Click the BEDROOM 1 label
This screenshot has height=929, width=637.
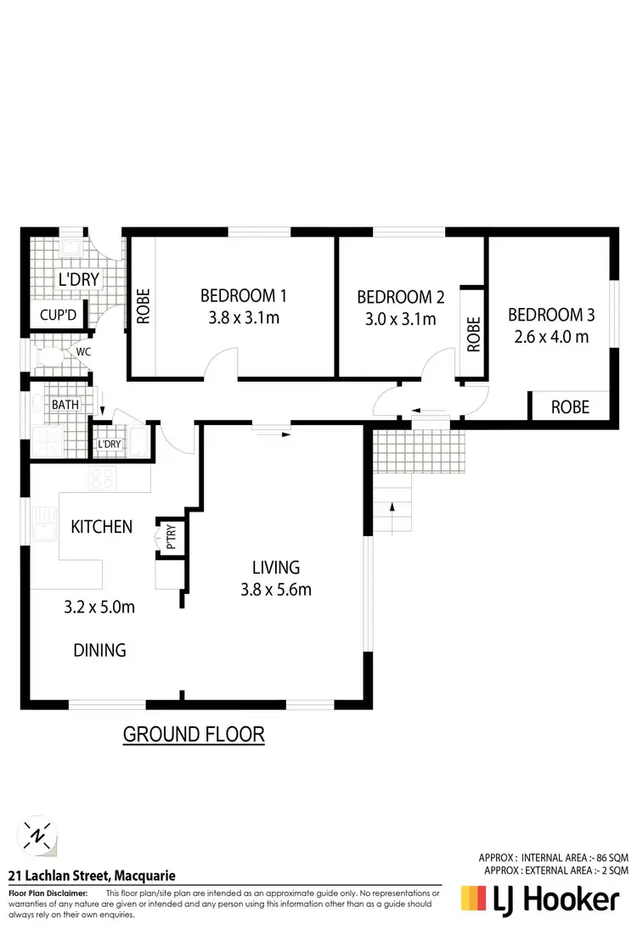pos(243,296)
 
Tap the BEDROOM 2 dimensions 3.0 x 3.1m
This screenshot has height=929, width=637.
pos(396,319)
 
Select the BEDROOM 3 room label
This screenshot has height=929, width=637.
pos(551,315)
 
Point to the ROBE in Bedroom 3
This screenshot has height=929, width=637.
pos(570,407)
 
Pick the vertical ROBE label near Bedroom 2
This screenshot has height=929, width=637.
pos(473,334)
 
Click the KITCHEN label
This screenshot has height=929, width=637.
pos(101,527)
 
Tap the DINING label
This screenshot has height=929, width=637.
pos(99,651)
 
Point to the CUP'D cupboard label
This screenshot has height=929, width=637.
pos(59,316)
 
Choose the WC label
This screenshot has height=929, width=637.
pos(83,350)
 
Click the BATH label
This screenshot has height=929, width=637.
pos(65,405)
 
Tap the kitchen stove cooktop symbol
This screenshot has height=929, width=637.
pos(101,479)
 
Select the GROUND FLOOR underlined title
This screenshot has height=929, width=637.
pos(194,734)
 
